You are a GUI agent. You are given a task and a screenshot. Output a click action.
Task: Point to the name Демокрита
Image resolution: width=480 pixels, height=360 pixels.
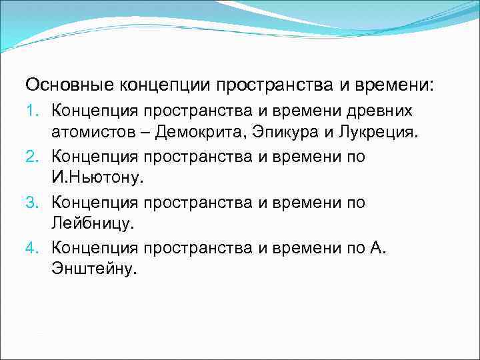pos(199,131)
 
